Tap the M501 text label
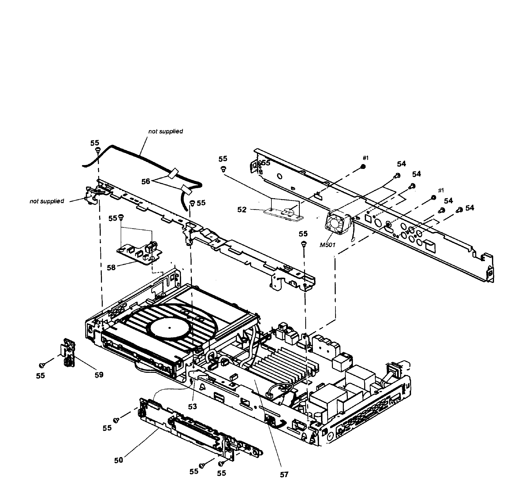tap(327, 245)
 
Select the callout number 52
tap(242, 210)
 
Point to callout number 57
tap(284, 474)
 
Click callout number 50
tap(118, 460)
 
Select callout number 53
tap(192, 406)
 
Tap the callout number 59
tap(99, 375)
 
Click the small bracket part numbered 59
tap(68, 352)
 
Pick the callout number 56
tap(146, 181)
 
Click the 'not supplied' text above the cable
tap(166, 131)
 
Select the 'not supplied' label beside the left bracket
tap(47, 201)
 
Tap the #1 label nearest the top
tap(366, 158)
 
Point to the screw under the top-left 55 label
tap(98, 149)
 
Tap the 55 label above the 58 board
tap(112, 218)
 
